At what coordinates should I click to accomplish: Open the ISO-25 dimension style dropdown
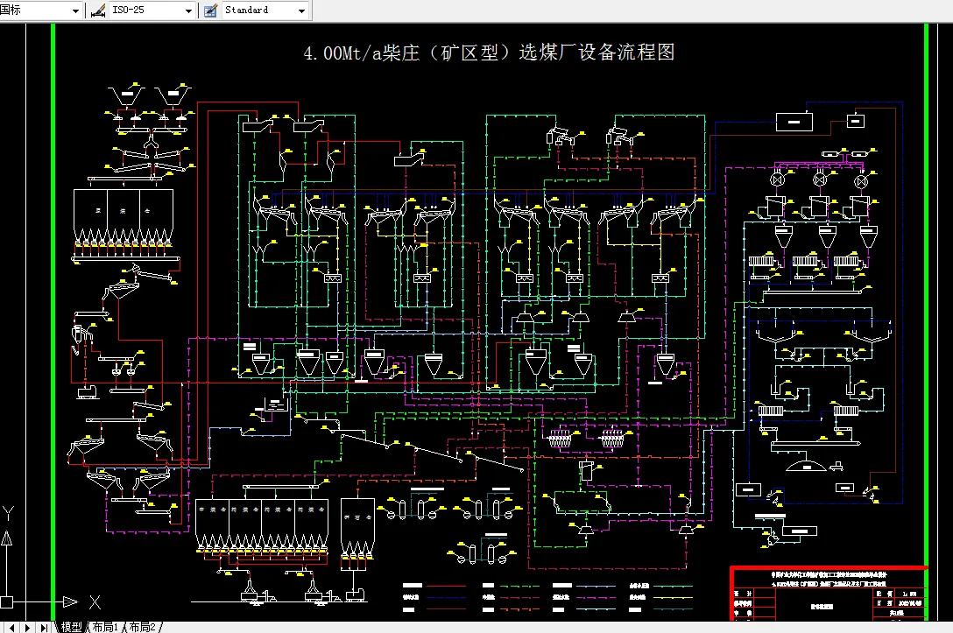pyautogui.click(x=189, y=11)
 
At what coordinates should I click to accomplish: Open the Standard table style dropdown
pyautogui.click(x=302, y=11)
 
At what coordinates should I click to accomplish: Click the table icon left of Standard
pyautogui.click(x=210, y=11)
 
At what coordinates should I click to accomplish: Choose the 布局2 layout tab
pyautogui.click(x=142, y=627)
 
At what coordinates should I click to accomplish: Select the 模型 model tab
pyautogui.click(x=71, y=627)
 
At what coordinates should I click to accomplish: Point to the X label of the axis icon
pyautogui.click(x=95, y=602)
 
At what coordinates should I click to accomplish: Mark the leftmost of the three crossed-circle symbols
pyautogui.click(x=776, y=180)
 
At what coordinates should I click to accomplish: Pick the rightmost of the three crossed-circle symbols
pyautogui.click(x=861, y=180)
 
